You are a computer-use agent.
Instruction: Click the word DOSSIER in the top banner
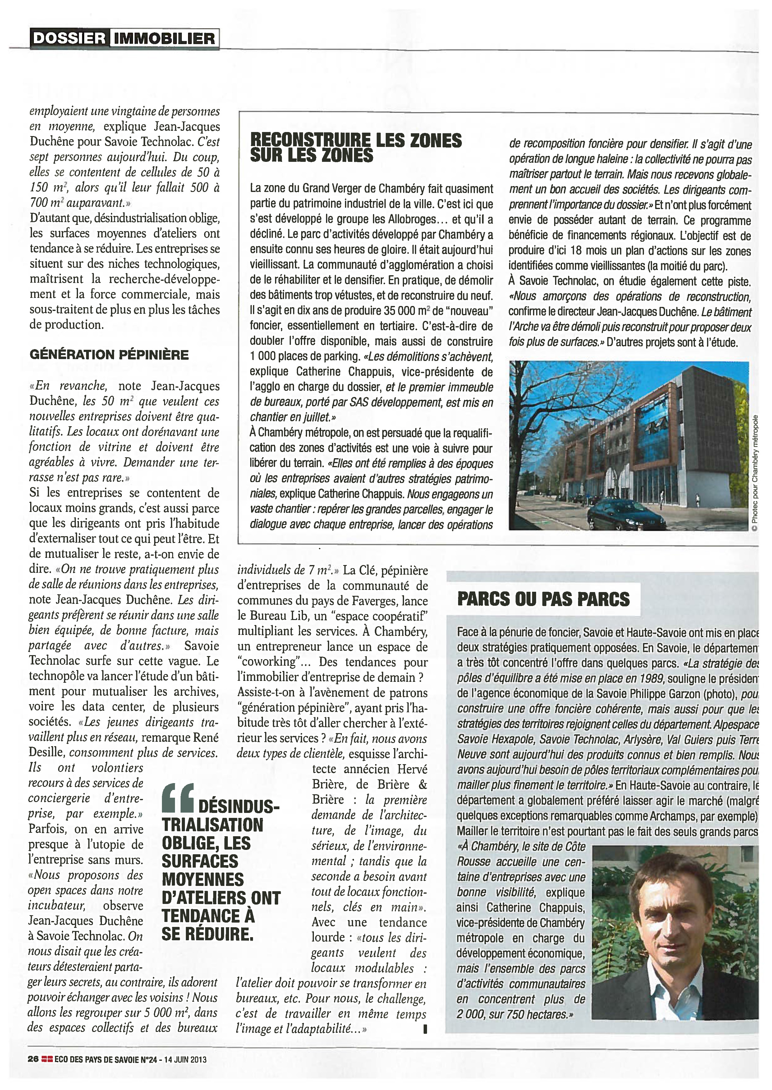coord(69,38)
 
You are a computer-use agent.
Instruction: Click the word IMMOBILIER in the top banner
coord(164,38)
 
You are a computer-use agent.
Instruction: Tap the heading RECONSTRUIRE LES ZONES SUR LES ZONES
coord(356,148)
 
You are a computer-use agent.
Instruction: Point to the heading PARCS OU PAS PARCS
coord(543,599)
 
